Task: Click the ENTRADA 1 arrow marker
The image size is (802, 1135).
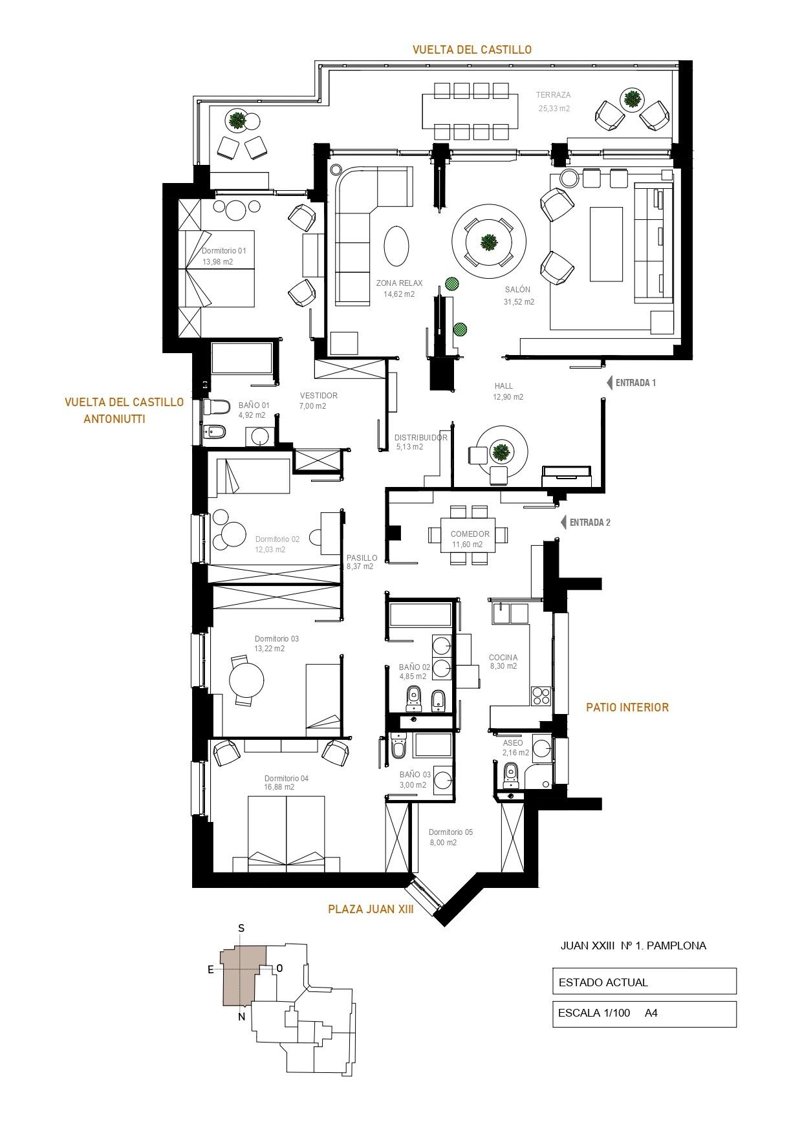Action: coord(609,383)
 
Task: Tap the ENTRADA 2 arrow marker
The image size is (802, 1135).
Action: coord(563,523)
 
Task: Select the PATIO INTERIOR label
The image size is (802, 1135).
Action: coord(627,707)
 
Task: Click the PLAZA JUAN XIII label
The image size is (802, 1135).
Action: coord(371,909)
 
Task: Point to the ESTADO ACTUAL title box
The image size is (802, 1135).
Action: coord(644,981)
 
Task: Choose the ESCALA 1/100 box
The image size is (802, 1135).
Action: coord(644,1014)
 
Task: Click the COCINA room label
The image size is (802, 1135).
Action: coord(503,658)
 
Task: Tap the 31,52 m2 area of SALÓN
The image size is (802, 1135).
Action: coord(519,301)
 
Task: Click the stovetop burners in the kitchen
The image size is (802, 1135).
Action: coord(541,696)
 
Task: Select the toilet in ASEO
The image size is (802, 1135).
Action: coord(511,771)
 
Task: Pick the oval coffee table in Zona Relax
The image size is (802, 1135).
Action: coord(396,246)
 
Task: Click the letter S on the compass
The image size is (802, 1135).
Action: coord(241,928)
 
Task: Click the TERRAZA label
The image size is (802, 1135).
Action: coord(554,95)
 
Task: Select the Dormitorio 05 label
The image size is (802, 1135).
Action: coord(451,832)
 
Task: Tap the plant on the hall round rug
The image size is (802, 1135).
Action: coord(500,451)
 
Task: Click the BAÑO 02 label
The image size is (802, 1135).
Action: coord(415,667)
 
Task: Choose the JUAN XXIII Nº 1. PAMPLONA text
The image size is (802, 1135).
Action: coord(633,946)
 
